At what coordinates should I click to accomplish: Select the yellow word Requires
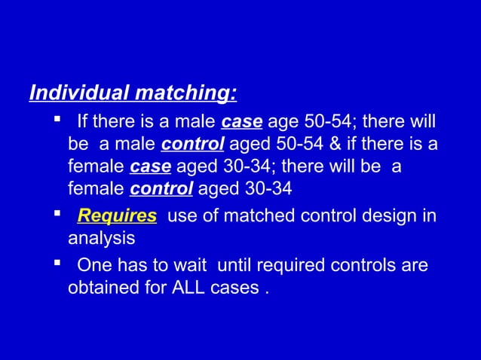117,217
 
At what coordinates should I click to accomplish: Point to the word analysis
102,239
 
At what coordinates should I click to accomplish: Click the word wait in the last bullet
196,265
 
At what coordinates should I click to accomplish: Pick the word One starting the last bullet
93,265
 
